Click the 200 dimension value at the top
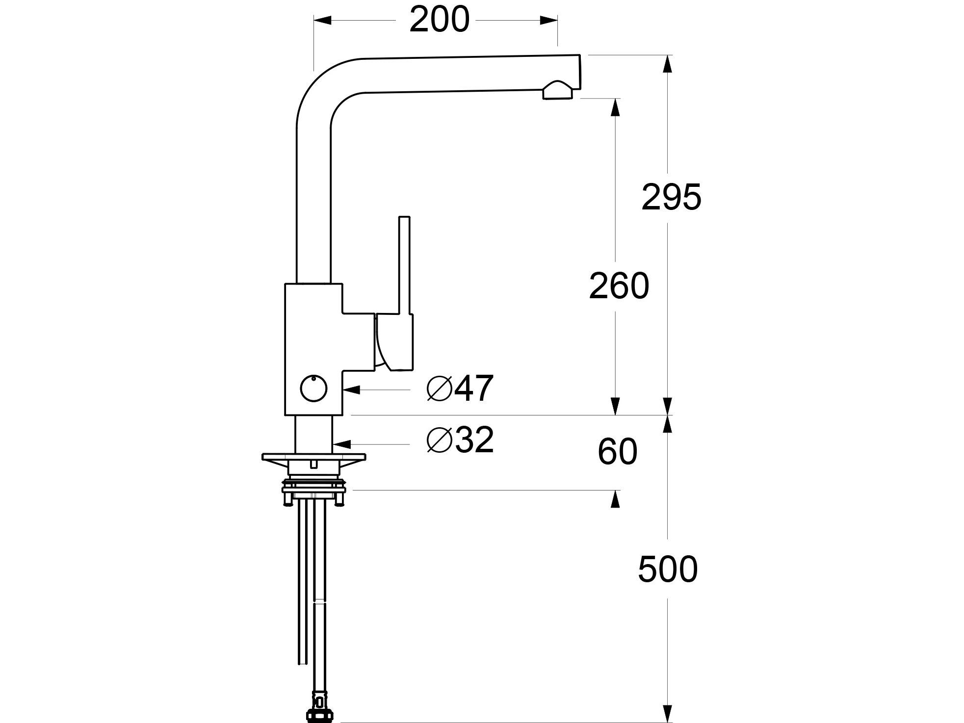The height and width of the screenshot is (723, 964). tap(440, 21)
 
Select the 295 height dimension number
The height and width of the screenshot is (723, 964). tap(671, 198)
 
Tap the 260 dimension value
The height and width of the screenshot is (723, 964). tap(619, 286)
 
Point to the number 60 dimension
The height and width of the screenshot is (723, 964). tap(617, 452)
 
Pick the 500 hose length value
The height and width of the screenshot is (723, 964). tap(668, 569)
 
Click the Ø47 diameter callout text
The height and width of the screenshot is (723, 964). tap(460, 389)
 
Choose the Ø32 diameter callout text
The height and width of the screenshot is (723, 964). tap(460, 440)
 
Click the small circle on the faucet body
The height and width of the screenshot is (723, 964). tap(313, 389)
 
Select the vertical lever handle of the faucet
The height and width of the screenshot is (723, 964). tap(404, 265)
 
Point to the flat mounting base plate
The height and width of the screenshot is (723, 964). tap(314, 458)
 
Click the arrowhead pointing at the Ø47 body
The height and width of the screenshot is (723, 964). tap(352, 390)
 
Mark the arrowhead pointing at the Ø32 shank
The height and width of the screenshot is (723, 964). tap(341, 444)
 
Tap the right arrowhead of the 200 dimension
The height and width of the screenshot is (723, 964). tap(548, 20)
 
